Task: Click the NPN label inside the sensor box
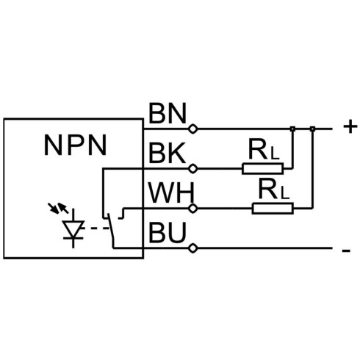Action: pyautogui.click(x=75, y=145)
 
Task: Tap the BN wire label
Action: pyautogui.click(x=168, y=113)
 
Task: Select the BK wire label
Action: pyautogui.click(x=167, y=153)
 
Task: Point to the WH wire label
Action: pyautogui.click(x=171, y=193)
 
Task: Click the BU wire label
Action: pyautogui.click(x=168, y=232)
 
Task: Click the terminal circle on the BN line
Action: pyautogui.click(x=193, y=129)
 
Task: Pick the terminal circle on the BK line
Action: pyautogui.click(x=193, y=168)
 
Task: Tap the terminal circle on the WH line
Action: pyautogui.click(x=193, y=209)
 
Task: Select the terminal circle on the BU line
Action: pyautogui.click(x=193, y=248)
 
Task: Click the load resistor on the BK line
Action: pyautogui.click(x=263, y=168)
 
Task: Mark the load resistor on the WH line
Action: pyautogui.click(x=273, y=209)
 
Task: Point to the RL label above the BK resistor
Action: pyautogui.click(x=264, y=149)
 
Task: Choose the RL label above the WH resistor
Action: pyautogui.click(x=273, y=189)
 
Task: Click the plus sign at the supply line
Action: pyautogui.click(x=350, y=127)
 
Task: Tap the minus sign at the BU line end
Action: pyautogui.click(x=346, y=251)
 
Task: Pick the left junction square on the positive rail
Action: pyautogui.click(x=292, y=129)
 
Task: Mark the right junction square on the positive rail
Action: pyautogui.click(x=312, y=129)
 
